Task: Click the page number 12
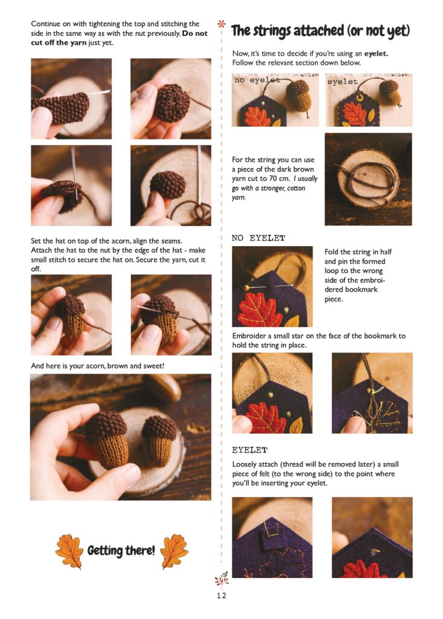(x=221, y=595)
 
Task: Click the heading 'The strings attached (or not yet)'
(x=320, y=31)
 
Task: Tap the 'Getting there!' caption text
(x=121, y=550)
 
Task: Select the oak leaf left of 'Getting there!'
(x=69, y=551)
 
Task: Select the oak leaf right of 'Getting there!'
(x=174, y=551)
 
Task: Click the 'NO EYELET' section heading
(x=258, y=238)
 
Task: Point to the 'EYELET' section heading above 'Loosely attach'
(x=249, y=450)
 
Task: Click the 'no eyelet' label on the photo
(x=257, y=80)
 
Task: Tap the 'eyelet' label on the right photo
(x=342, y=82)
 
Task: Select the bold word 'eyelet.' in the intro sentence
(x=376, y=53)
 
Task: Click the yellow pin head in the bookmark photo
(x=246, y=288)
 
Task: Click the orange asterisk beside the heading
(x=221, y=24)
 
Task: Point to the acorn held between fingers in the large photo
(x=107, y=437)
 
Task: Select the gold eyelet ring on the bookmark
(x=360, y=97)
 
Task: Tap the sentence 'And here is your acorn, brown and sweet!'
(x=97, y=366)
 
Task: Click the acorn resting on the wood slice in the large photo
(x=159, y=441)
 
